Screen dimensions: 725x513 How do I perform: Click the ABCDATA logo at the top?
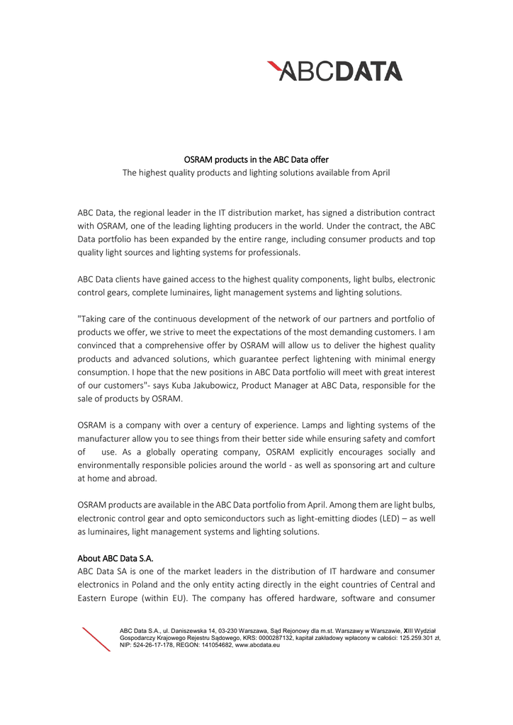click(334, 71)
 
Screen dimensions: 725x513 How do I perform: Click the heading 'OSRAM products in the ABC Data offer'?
click(256, 159)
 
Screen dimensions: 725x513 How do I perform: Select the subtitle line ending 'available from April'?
click(256, 172)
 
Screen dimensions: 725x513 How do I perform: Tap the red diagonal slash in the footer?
click(96, 639)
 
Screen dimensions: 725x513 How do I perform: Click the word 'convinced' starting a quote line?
click(98, 346)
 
